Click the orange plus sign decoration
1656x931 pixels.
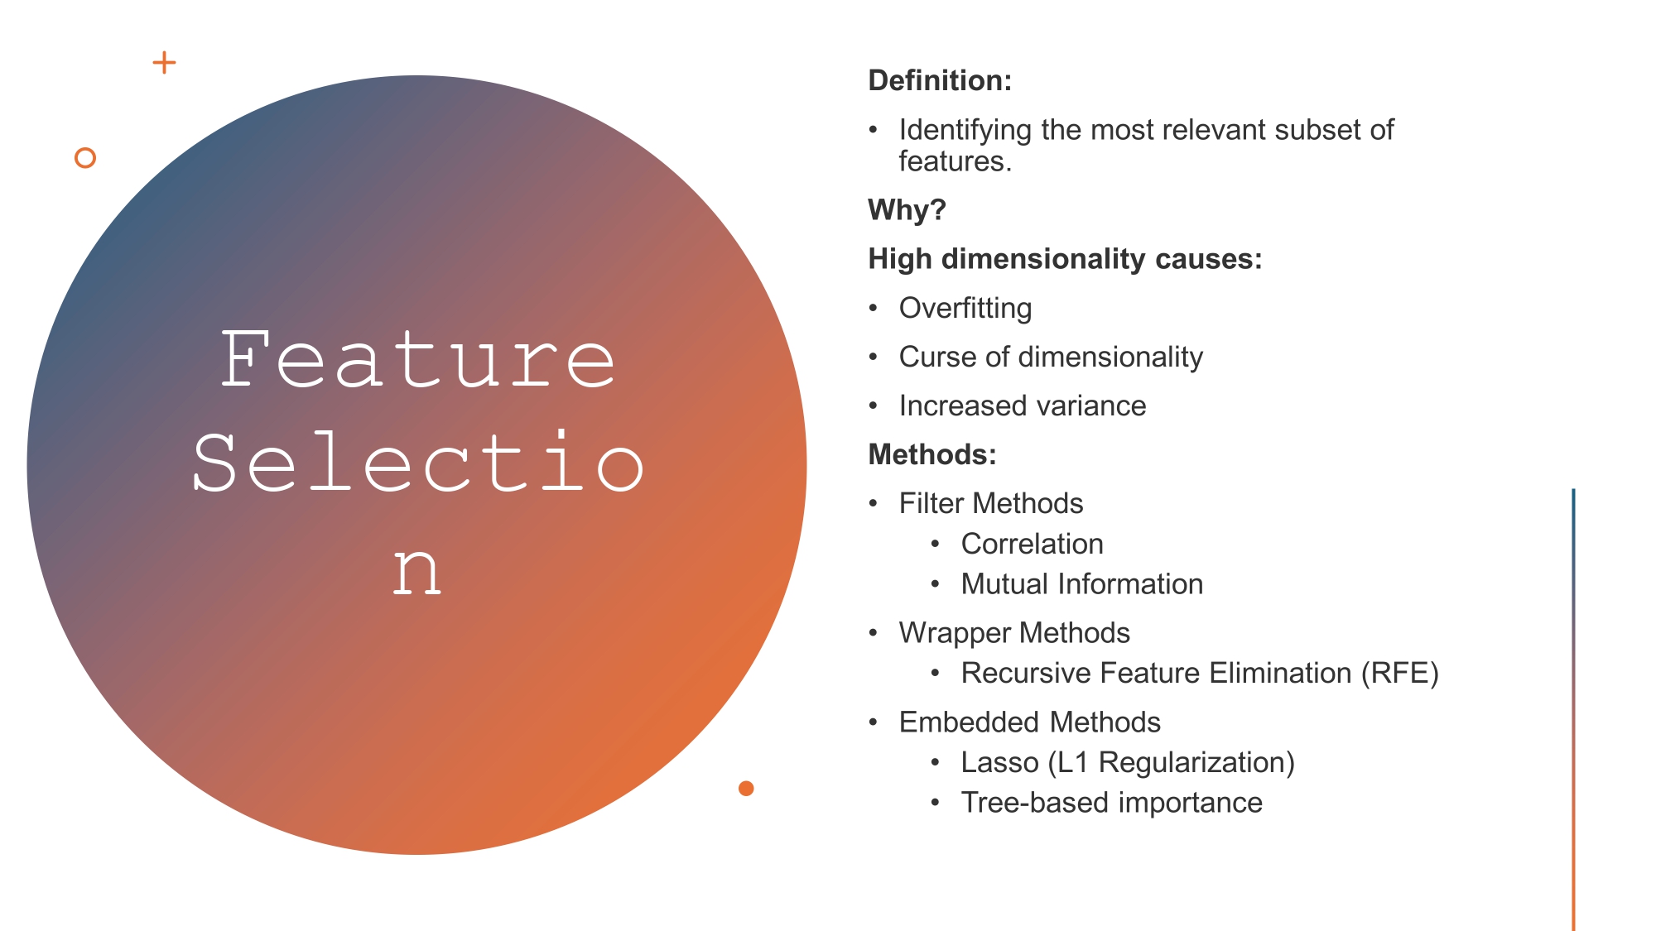point(164,63)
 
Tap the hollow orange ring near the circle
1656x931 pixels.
point(85,157)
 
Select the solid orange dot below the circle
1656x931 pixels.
point(746,788)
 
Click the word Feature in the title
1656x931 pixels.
point(418,361)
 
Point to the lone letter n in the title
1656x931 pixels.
point(416,571)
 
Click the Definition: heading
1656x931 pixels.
point(940,81)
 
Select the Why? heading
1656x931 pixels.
point(907,210)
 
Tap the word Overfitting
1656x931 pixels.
point(965,309)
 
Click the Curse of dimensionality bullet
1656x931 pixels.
point(1051,358)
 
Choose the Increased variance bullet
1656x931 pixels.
point(1023,406)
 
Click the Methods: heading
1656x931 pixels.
point(932,455)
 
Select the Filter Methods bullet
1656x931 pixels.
point(991,504)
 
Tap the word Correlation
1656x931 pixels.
point(1032,545)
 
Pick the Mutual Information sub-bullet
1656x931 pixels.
point(1081,585)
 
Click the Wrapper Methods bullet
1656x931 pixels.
point(1014,634)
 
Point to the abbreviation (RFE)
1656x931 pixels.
point(1400,674)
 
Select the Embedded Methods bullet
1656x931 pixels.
point(1029,723)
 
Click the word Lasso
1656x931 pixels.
point(999,763)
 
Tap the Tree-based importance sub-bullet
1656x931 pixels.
point(1111,804)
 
